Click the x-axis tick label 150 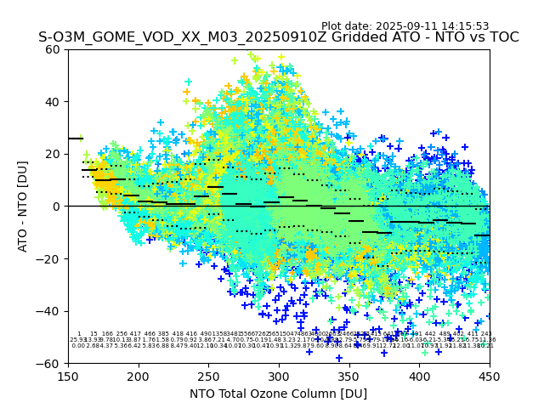68,376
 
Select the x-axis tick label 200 139,376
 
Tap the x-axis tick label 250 208,376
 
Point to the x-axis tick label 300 279,376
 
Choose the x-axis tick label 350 349,376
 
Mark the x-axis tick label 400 419,376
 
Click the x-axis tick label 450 490,376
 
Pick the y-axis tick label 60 53,49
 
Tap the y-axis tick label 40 53,102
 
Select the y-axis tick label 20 53,154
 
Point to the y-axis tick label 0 56,207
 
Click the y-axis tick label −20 49,258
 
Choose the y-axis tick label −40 49,311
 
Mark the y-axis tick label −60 49,363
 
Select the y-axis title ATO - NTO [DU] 24,207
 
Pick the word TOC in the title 502,38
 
